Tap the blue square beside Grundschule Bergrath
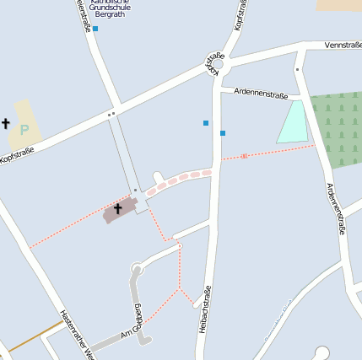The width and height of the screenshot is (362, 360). [95, 29]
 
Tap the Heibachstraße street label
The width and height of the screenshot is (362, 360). [203, 309]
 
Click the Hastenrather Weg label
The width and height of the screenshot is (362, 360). [73, 333]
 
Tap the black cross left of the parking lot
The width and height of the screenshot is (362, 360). [6, 123]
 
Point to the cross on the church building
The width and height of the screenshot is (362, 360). [118, 207]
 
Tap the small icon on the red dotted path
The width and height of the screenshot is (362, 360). [245, 156]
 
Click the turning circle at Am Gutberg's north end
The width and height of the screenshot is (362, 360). [137, 270]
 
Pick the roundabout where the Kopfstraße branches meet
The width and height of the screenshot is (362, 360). [214, 63]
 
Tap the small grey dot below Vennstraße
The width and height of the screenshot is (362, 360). [298, 69]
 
